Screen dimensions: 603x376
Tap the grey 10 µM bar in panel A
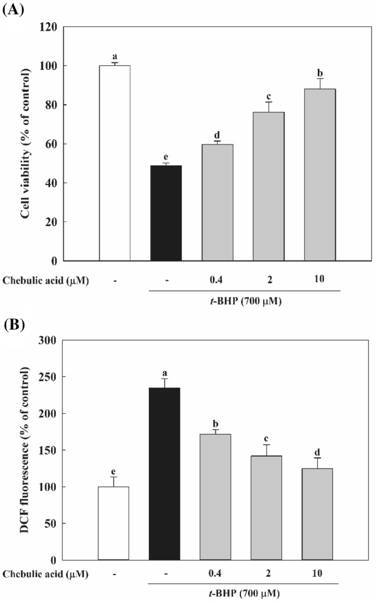point(320,175)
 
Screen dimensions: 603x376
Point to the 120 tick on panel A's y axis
point(49,27)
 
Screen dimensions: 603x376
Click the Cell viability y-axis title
point(26,144)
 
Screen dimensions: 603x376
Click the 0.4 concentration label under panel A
point(217,280)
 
